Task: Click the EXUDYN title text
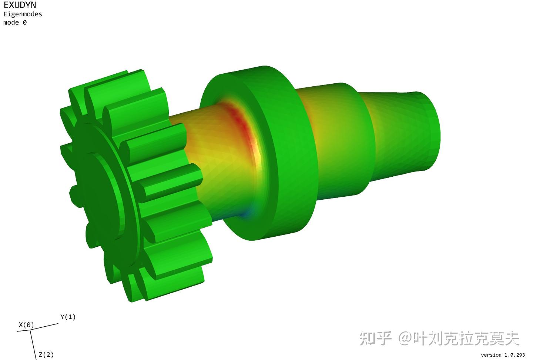pos(20,5)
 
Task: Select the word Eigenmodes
pos(23,14)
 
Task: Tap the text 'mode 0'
pos(15,23)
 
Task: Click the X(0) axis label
pos(26,325)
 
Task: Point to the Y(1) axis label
pos(68,317)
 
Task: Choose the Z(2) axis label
pos(46,354)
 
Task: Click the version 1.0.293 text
pos(503,355)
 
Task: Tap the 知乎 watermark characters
pos(375,338)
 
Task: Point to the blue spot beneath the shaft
pos(247,214)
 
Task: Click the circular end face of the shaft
pos(432,131)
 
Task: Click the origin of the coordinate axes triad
pos(30,330)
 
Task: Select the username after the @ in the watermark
pos(466,338)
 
